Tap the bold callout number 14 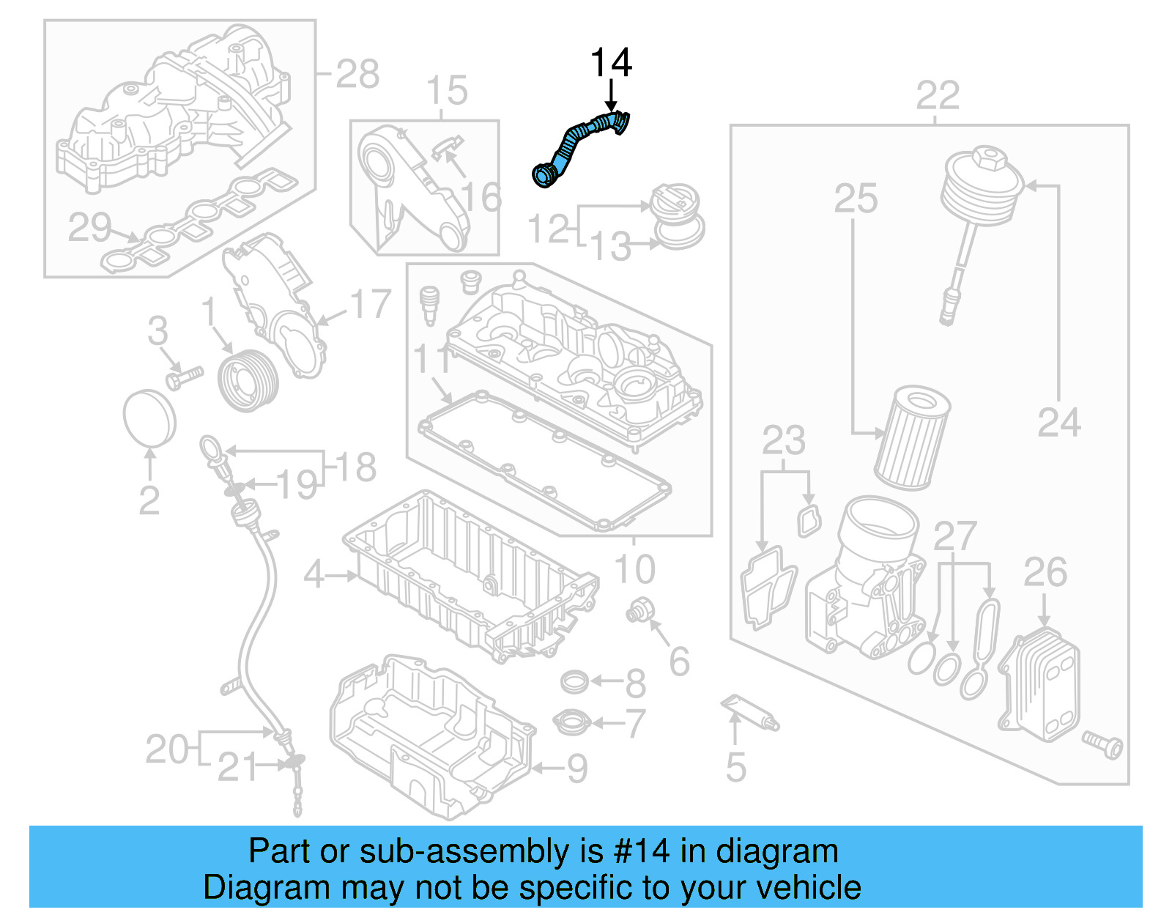[610, 63]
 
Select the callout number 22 [937, 95]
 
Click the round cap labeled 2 [149, 418]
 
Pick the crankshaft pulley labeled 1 [249, 380]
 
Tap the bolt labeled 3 [183, 378]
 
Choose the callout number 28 [357, 74]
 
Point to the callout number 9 [577, 768]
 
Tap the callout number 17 [371, 304]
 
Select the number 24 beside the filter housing [1058, 423]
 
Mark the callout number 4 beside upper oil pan [314, 574]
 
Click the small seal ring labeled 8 [575, 682]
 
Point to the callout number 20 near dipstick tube [167, 749]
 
